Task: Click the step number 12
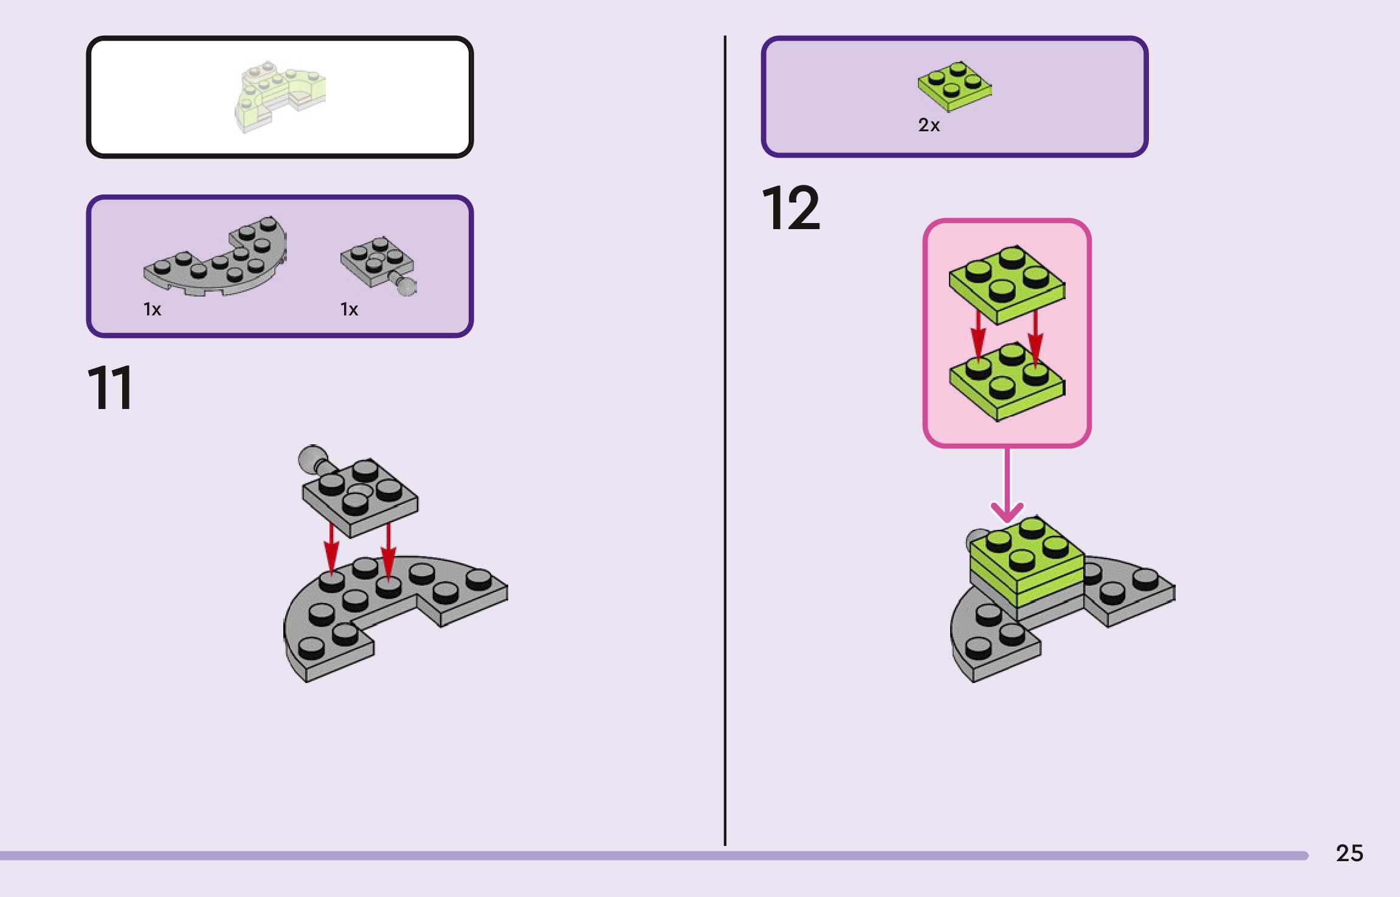790,208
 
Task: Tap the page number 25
1349,853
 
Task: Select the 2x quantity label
928,125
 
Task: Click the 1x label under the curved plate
152,309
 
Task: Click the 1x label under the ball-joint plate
349,309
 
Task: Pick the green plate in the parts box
954,86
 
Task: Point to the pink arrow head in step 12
1007,512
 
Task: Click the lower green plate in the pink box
1007,383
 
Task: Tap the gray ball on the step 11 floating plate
312,457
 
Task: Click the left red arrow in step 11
331,547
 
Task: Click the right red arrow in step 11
388,550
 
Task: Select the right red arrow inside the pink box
1035,337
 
